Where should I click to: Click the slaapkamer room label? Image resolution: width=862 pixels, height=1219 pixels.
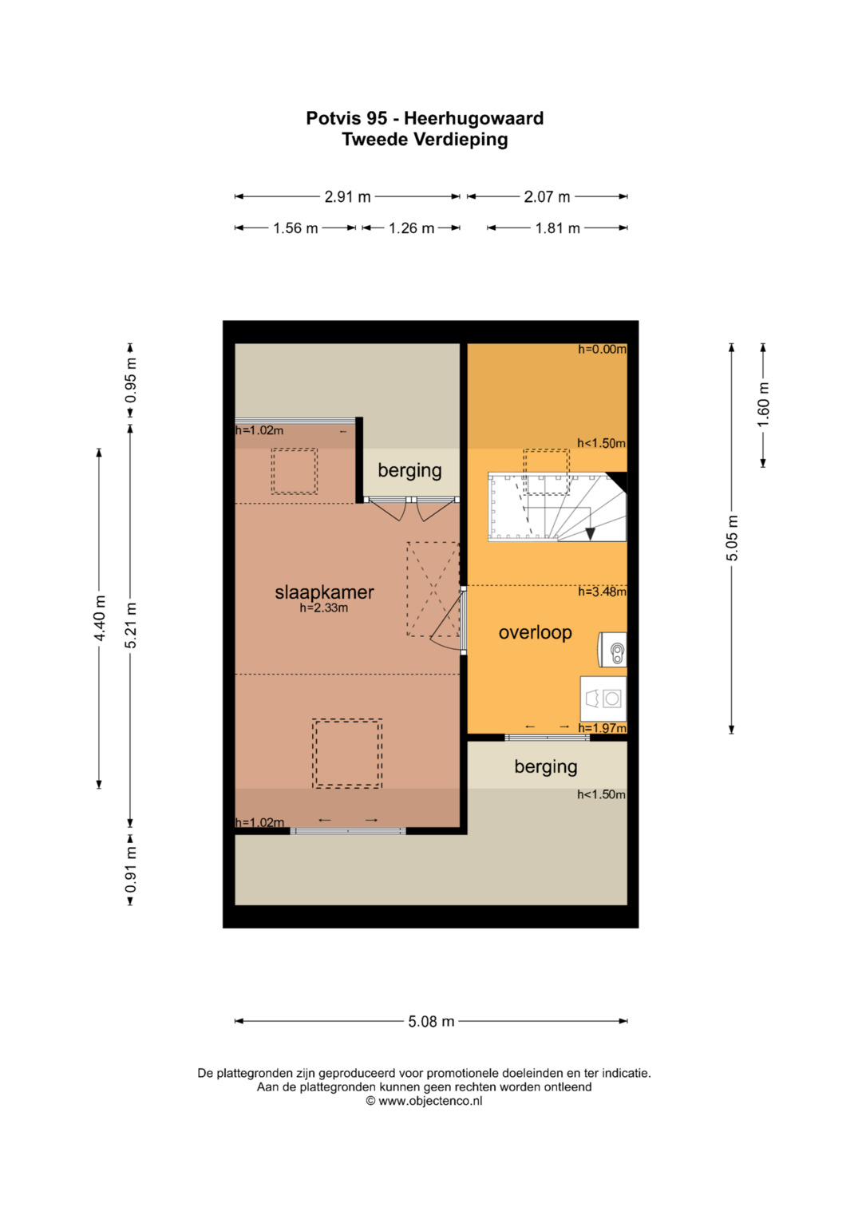324,592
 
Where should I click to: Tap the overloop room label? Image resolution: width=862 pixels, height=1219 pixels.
535,632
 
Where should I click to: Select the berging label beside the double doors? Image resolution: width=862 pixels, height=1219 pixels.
409,470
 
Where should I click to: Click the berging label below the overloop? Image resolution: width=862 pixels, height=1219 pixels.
545,767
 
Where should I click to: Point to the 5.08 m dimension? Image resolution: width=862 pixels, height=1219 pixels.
431,1022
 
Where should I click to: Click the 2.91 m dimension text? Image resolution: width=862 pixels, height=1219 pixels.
347,196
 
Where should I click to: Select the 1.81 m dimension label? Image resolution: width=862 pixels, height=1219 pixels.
557,228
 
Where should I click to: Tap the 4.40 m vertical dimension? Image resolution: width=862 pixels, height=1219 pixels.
100,618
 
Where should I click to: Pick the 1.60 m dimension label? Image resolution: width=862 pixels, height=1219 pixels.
764,406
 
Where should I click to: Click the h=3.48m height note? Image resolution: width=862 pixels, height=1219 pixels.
601,592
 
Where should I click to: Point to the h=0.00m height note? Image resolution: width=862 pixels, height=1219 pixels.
601,350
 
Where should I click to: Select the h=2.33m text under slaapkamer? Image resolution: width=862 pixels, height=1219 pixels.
323,608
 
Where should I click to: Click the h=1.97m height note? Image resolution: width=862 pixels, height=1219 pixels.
602,728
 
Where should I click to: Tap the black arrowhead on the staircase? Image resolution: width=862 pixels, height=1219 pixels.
590,534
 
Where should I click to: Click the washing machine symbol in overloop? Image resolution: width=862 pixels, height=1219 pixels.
603,699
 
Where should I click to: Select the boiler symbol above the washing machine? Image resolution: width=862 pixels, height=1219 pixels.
613,649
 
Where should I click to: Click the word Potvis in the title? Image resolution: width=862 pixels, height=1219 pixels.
334,118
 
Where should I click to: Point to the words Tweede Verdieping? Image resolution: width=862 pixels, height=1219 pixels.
425,140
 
